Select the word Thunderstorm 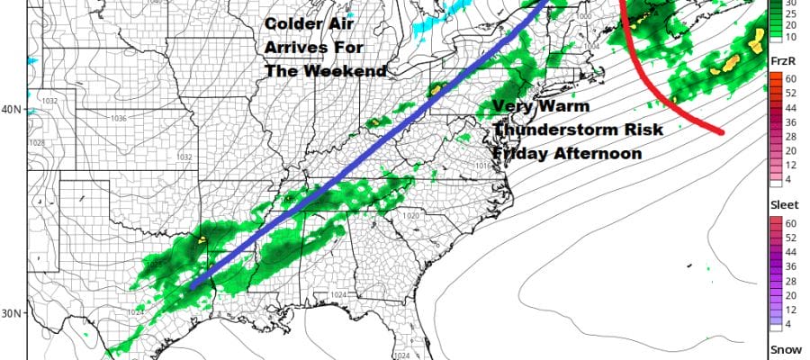[552, 130]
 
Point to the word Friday [525, 153]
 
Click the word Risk [640, 130]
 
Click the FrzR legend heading [781, 59]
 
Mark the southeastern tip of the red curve [721, 133]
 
